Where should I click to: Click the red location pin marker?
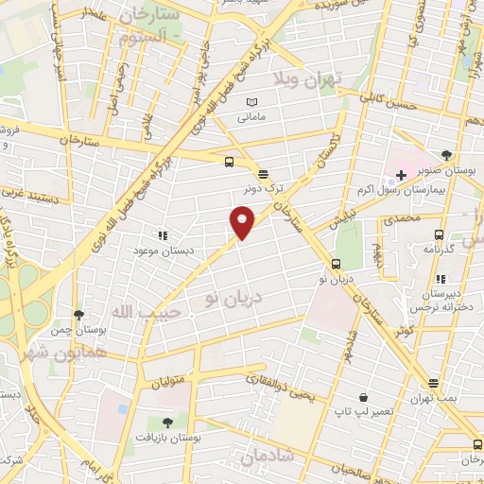pos(243,221)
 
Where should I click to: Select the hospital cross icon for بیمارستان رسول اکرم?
pos(401,175)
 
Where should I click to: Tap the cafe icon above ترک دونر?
pos(263,173)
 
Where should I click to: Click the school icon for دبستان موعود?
pos(163,233)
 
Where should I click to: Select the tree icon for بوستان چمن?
pos(78,316)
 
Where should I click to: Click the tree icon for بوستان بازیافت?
pos(167,422)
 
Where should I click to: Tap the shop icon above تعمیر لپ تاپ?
pos(363,398)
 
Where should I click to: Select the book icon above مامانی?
pos(251,102)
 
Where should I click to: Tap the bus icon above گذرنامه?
pos(438,233)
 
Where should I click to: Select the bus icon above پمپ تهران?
pos(433,383)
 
